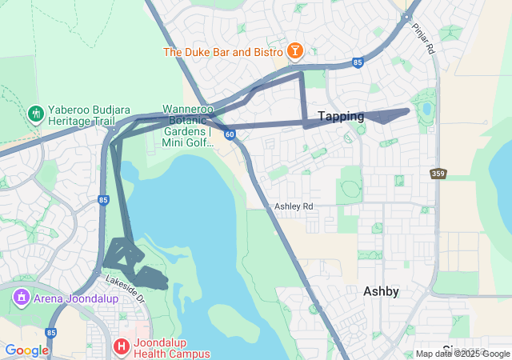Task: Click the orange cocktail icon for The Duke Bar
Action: tap(294, 52)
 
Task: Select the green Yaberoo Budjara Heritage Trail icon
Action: tap(34, 114)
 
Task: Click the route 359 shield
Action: tap(438, 173)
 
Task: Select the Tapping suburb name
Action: tap(341, 117)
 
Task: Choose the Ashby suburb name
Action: tap(381, 291)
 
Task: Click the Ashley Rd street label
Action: tap(294, 206)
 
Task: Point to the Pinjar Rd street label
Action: tap(424, 38)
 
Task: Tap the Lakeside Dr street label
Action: tap(127, 288)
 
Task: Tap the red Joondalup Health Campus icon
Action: tap(121, 346)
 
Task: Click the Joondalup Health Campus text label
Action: tap(172, 346)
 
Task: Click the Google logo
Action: tap(26, 350)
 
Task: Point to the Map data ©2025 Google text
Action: tap(462, 354)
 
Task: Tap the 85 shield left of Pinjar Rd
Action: tap(358, 62)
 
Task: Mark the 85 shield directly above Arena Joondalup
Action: tap(103, 199)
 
